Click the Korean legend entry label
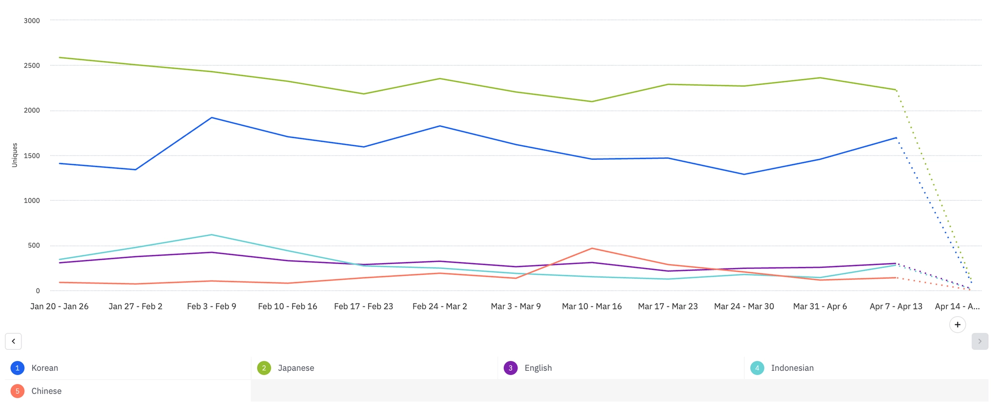[x=44, y=368]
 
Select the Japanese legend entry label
[x=296, y=368]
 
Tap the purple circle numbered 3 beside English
[x=510, y=368]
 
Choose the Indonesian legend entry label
[x=792, y=368]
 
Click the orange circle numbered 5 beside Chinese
[x=18, y=391]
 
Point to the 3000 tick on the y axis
[x=32, y=20]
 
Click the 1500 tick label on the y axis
[x=32, y=155]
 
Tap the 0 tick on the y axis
[x=38, y=291]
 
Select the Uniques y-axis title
[x=15, y=155]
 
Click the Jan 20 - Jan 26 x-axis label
[x=60, y=306]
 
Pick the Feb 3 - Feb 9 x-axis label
[x=212, y=306]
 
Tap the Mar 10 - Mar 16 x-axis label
[x=592, y=306]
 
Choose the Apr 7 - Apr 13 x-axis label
[x=896, y=306]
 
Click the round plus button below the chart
[x=958, y=324]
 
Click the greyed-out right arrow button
[x=979, y=341]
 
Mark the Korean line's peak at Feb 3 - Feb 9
[x=212, y=117]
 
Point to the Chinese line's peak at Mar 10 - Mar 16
[x=592, y=248]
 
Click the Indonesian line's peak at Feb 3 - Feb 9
[x=212, y=235]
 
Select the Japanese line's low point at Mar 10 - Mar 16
[x=592, y=101]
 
